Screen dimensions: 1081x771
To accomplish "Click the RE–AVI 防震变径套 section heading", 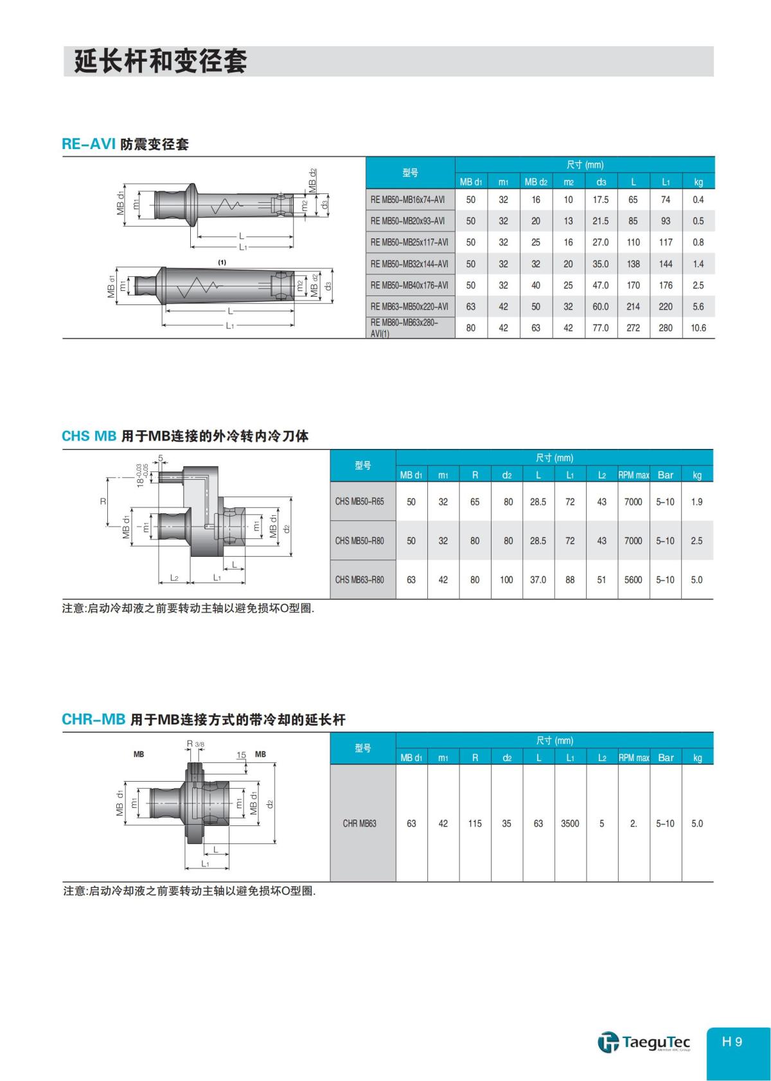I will coord(125,145).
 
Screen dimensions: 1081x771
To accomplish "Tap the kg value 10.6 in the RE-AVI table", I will coord(698,328).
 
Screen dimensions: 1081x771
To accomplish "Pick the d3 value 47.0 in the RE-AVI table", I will coord(601,285).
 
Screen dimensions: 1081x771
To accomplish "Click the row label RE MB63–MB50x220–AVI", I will coord(409,307).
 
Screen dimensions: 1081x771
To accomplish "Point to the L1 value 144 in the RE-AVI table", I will coord(666,264).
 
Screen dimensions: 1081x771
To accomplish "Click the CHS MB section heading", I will coord(185,436).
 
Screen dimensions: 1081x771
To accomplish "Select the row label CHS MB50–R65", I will coord(359,502).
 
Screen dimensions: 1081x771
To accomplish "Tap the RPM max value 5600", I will coord(634,580).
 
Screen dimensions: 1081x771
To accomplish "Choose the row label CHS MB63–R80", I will coord(359,580).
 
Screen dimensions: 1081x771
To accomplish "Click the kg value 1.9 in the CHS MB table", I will coord(697,502).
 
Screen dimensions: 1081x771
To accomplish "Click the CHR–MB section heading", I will coord(203,719).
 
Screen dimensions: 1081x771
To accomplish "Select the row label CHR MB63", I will coord(360,823).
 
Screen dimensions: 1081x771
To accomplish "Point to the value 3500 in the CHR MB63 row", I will coord(570,823).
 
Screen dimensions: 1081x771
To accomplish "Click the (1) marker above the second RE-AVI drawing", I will coord(222,262).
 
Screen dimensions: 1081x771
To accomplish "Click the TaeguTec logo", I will coord(644,1042).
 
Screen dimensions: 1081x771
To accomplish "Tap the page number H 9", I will coord(732,1042).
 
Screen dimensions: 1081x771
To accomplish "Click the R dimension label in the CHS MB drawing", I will coord(103,502).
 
